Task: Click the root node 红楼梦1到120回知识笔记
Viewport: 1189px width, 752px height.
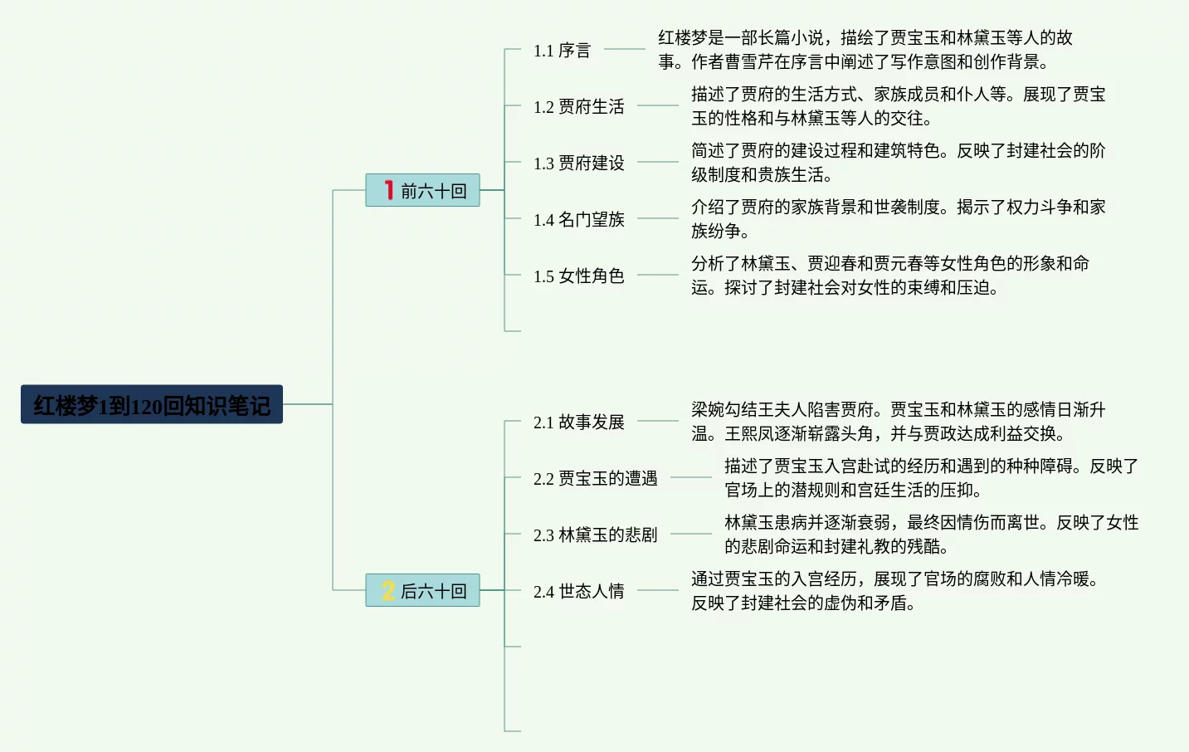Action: coord(152,404)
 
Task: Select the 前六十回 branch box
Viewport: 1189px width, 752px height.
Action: coord(422,190)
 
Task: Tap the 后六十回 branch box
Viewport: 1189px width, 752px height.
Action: coord(422,590)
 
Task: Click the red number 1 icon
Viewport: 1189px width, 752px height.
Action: coord(389,189)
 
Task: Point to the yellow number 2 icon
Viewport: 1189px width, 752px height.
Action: coord(388,590)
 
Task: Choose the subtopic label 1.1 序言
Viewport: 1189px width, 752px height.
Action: coord(562,51)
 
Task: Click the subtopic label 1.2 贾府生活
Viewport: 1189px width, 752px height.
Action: coord(578,107)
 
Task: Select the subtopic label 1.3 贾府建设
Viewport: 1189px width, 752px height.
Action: coord(578,163)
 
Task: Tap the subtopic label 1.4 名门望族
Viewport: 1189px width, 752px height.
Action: coord(578,219)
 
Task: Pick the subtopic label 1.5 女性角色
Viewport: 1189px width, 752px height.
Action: coord(578,276)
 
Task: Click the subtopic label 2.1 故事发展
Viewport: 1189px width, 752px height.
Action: coord(578,422)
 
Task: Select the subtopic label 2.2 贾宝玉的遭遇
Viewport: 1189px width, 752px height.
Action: coord(595,478)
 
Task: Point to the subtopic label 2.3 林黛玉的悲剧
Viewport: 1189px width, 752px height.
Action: coord(595,535)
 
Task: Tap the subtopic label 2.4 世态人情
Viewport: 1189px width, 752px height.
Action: coord(578,591)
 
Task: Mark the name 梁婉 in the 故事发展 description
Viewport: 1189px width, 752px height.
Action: coord(708,409)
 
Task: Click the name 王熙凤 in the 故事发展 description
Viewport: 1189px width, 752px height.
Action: coord(749,433)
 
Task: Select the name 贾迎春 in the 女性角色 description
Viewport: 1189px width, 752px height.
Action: coord(831,263)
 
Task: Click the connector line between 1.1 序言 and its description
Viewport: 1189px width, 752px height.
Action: coord(624,49)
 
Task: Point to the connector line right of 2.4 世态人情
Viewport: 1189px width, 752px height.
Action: coord(658,590)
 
